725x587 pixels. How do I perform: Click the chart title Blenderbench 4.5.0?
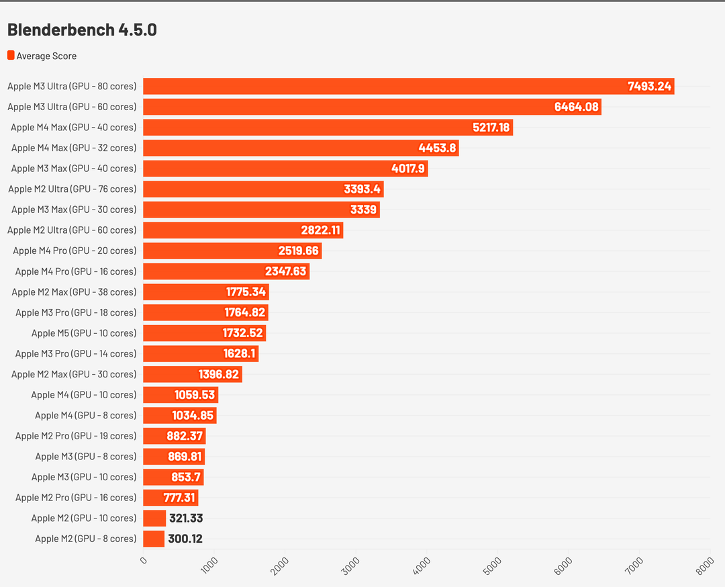click(x=82, y=30)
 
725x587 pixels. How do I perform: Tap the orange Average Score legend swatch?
click(x=11, y=56)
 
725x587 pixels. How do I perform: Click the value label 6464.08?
click(x=576, y=107)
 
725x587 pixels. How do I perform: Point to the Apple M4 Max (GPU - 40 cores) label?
click(x=73, y=127)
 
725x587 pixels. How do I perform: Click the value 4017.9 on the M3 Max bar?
click(x=408, y=169)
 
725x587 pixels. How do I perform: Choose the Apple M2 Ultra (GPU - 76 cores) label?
click(x=72, y=189)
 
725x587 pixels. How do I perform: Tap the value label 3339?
click(x=363, y=210)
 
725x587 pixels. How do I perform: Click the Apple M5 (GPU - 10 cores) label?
click(x=84, y=333)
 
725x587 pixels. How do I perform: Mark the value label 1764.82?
click(x=245, y=312)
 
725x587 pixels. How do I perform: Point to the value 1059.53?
click(x=195, y=395)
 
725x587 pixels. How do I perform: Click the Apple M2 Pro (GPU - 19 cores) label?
click(x=76, y=436)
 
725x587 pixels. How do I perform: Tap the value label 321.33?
click(x=185, y=518)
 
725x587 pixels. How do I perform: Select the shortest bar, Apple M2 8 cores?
click(x=154, y=539)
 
